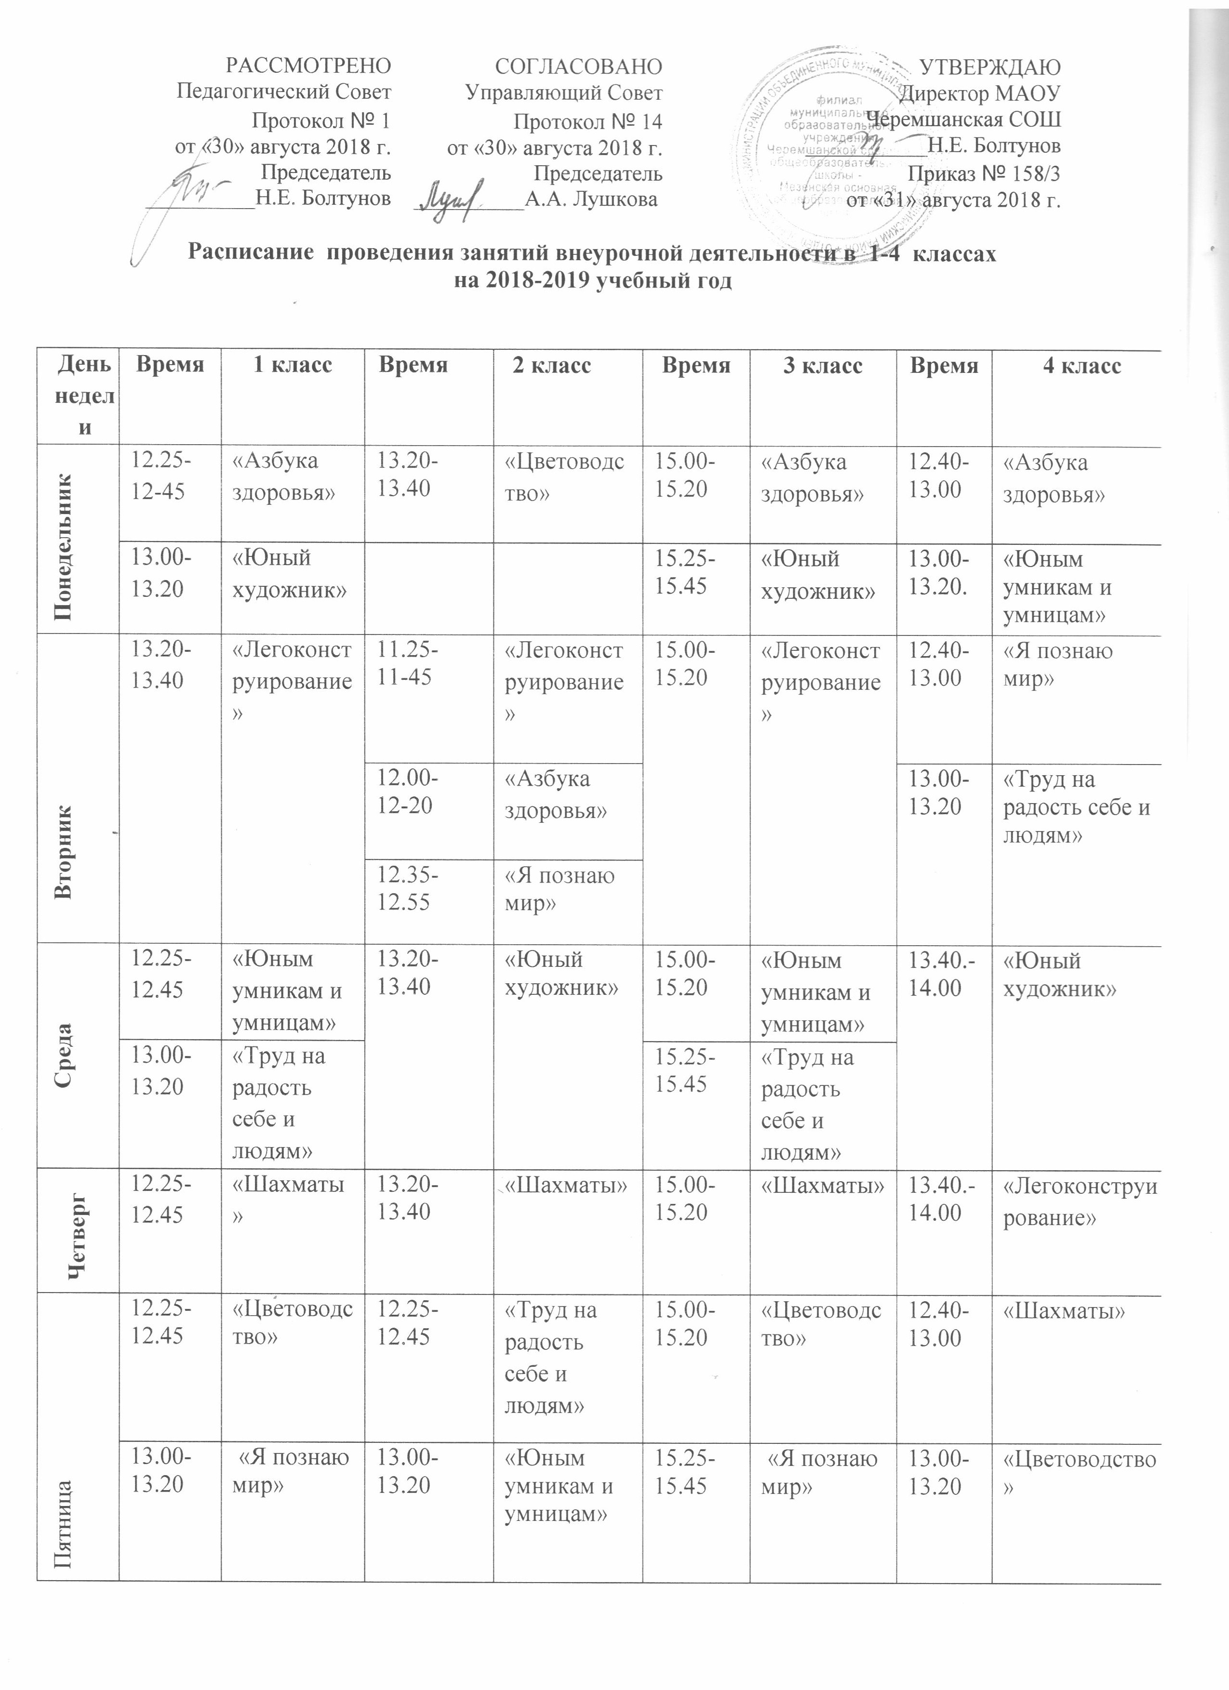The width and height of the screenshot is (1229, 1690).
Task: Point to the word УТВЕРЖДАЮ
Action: coord(991,66)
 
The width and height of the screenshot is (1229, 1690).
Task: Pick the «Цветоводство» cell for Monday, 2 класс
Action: coord(565,477)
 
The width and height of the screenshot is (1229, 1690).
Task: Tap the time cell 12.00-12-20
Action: coord(408,792)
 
